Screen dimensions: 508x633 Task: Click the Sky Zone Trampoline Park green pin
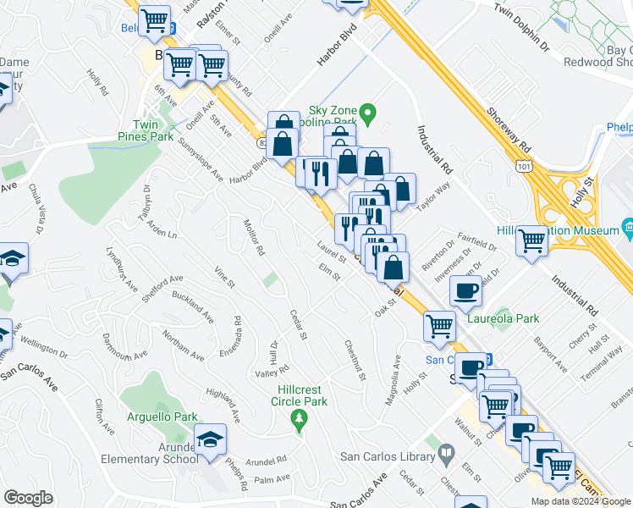pyautogui.click(x=367, y=112)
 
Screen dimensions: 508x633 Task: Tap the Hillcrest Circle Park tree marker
pyautogui.click(x=298, y=418)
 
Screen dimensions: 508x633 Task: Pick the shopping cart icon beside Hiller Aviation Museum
pyautogui.click(x=532, y=241)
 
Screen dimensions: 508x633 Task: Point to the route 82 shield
pyautogui.click(x=263, y=144)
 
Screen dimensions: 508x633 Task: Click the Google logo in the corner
pyautogui.click(x=28, y=498)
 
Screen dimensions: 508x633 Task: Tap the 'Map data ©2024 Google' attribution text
pyautogui.click(x=580, y=501)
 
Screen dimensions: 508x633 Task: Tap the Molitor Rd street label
pyautogui.click(x=254, y=238)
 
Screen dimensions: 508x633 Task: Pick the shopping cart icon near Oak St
pyautogui.click(x=439, y=326)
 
